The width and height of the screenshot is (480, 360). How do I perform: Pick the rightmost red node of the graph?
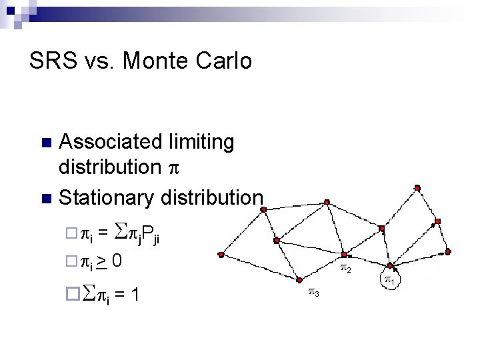coord(448,251)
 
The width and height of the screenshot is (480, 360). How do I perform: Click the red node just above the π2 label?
coord(344,255)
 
